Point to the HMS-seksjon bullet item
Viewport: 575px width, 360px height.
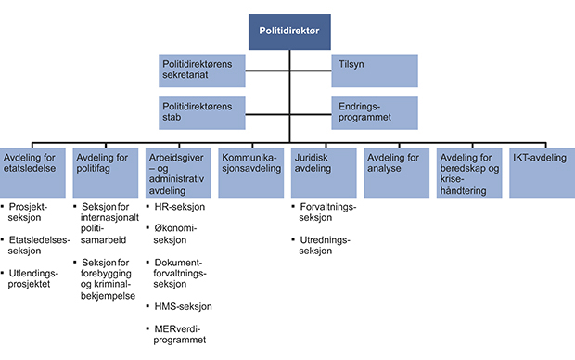coord(183,306)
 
